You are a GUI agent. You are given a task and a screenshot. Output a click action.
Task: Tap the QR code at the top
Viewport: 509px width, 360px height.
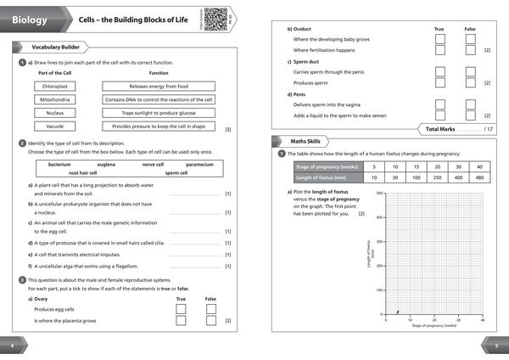(x=215, y=16)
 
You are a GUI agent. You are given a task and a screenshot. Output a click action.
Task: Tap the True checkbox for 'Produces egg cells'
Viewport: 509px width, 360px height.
(x=181, y=310)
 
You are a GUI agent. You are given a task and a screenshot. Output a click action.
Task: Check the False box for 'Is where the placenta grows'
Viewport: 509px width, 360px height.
(x=211, y=322)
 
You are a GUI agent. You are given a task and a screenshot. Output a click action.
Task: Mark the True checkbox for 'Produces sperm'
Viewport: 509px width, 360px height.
(x=439, y=83)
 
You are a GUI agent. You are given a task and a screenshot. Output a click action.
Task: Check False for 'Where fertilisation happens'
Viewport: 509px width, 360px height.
(x=470, y=50)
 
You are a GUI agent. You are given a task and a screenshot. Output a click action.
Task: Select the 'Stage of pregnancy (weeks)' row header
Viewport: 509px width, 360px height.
(x=327, y=166)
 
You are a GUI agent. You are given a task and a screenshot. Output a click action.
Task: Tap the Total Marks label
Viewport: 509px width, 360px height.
(x=450, y=127)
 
